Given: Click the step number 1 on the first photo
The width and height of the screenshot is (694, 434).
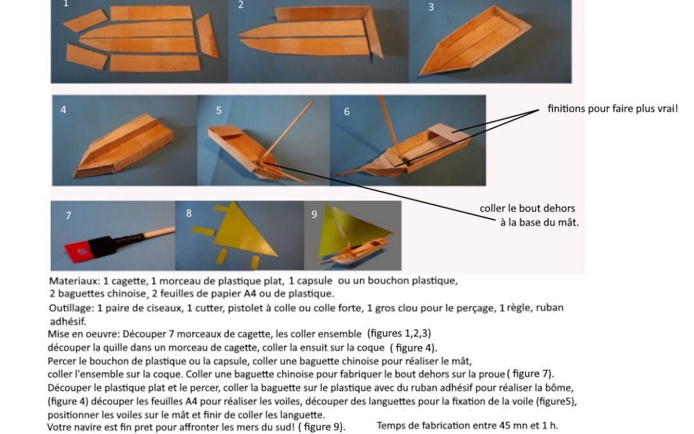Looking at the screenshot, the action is [66, 4].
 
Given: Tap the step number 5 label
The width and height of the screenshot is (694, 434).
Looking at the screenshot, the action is [218, 111].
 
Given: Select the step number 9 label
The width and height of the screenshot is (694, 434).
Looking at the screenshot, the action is [314, 214].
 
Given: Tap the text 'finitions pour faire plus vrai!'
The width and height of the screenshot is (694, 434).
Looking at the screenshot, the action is [612, 109].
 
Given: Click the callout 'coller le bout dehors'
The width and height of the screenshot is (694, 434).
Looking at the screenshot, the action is [527, 208].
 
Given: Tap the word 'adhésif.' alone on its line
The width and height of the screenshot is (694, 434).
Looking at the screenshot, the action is [68, 321].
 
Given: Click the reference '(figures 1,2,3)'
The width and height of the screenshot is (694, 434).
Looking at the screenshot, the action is [399, 334].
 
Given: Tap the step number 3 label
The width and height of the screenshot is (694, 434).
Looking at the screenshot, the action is [431, 7].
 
